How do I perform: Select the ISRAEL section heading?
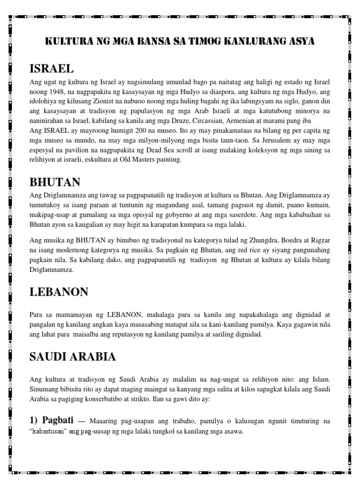pyautogui.click(x=51, y=69)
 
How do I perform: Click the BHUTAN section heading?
pyautogui.click(x=55, y=182)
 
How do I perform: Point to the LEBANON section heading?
pyautogui.click(x=59, y=292)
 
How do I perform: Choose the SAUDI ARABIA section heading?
pyautogui.click(x=73, y=357)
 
